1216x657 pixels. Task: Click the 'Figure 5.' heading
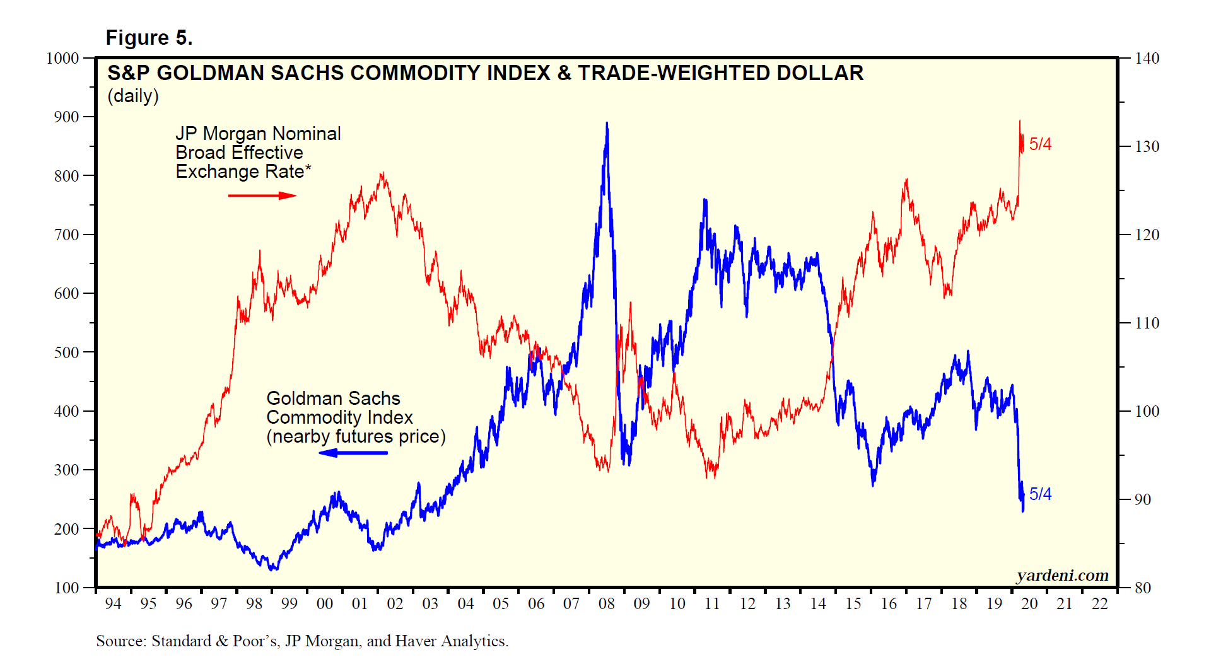(x=149, y=38)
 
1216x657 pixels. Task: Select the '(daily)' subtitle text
(x=132, y=96)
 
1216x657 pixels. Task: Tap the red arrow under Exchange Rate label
(x=262, y=195)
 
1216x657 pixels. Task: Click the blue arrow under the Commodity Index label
(x=353, y=453)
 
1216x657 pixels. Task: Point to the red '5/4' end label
(x=1040, y=144)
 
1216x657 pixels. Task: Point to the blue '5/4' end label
(x=1040, y=494)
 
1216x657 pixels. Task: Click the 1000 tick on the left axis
(x=62, y=59)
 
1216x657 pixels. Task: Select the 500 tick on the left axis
(x=66, y=352)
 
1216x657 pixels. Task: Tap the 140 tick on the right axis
(x=1147, y=59)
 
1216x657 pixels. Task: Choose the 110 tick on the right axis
(x=1147, y=323)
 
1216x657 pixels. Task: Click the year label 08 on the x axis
(x=606, y=604)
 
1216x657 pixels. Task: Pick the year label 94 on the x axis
(x=113, y=604)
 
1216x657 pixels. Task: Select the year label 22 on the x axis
(x=1099, y=604)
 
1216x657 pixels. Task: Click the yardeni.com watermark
(x=1062, y=575)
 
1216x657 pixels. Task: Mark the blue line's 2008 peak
(x=607, y=124)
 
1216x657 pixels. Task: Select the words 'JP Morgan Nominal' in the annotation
(x=258, y=134)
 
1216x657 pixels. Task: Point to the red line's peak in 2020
(x=1020, y=121)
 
